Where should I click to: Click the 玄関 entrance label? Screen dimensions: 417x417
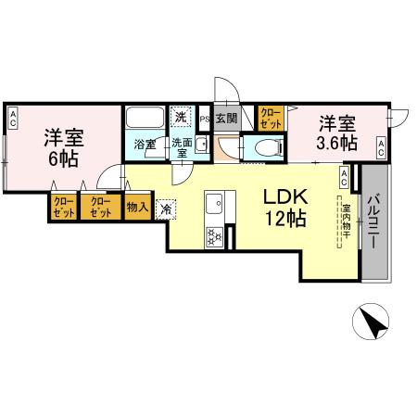226,118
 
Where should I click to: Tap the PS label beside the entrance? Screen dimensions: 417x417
205,118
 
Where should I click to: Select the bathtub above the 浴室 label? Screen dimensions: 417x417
144,119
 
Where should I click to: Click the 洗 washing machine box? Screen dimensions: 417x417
182,115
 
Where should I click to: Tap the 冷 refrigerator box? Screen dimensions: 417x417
165,208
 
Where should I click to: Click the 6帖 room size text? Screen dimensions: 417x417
64,159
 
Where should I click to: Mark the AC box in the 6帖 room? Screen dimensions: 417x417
14,117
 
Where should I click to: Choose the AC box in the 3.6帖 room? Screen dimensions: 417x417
381,145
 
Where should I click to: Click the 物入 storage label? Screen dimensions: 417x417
137,207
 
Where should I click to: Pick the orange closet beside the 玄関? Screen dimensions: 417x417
270,118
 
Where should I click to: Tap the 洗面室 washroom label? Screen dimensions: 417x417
181,148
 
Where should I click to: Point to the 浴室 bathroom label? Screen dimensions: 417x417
145,145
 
